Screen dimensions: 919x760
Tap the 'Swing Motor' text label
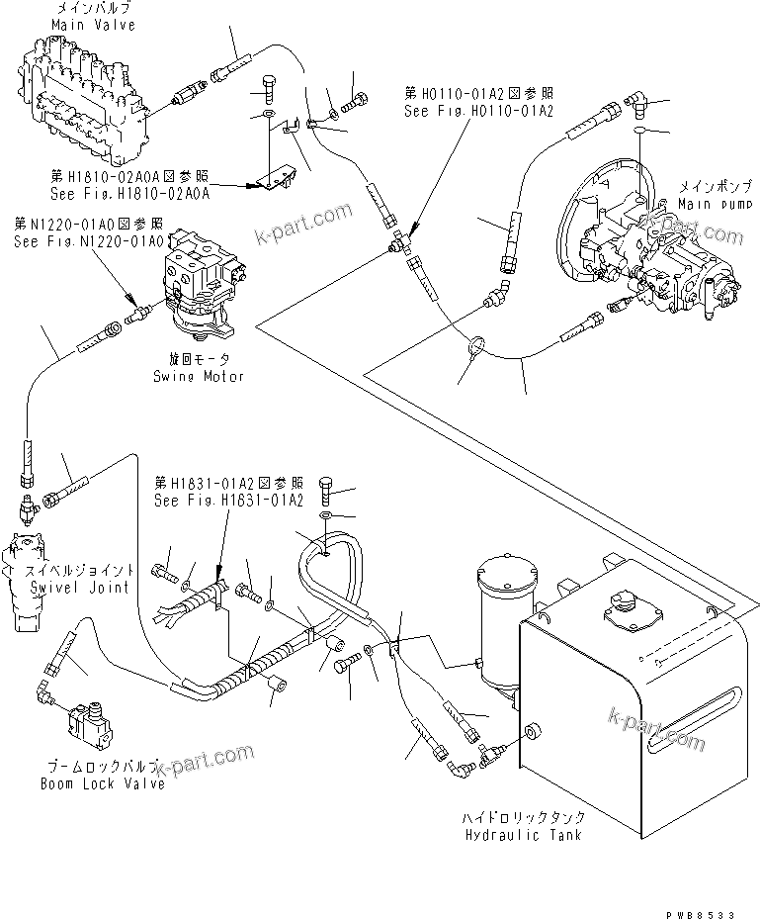tap(198, 377)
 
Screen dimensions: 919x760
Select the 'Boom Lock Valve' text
tap(102, 784)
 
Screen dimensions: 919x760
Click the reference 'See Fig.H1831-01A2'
tap(227, 501)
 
